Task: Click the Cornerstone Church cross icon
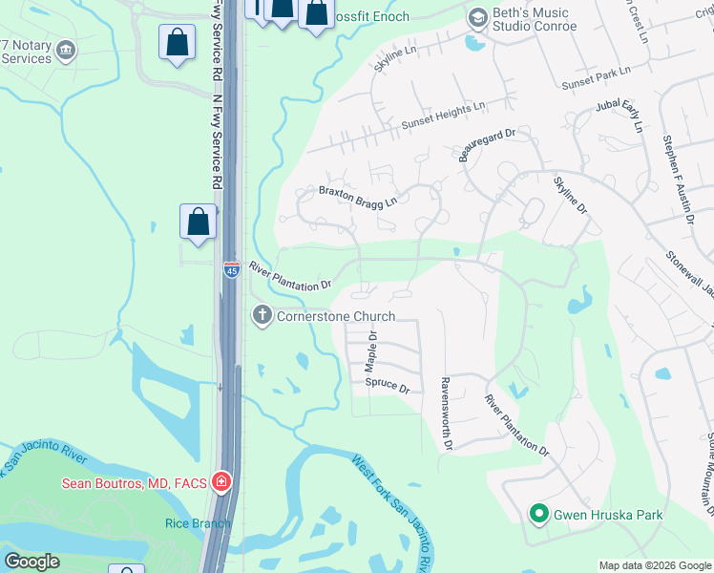click(262, 316)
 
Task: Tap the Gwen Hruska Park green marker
click(538, 515)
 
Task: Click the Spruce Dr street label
click(387, 388)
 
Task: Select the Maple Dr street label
click(372, 352)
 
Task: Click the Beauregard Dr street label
click(487, 140)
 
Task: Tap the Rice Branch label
click(198, 522)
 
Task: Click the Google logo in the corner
click(31, 562)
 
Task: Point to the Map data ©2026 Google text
click(655, 565)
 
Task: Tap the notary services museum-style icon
click(66, 50)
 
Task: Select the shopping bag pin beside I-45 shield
click(197, 223)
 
